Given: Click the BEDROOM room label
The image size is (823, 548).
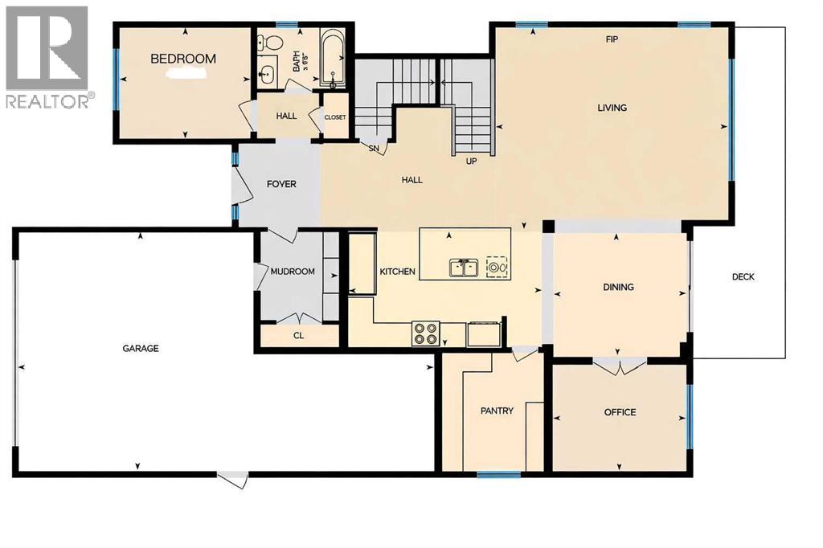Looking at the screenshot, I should [x=183, y=59].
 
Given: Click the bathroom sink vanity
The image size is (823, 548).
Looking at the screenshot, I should [x=267, y=75].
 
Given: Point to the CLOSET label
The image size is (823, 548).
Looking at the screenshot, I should [x=334, y=117].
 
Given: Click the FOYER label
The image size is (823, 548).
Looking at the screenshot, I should [x=281, y=184].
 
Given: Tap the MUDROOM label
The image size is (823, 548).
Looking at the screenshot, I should [x=292, y=272].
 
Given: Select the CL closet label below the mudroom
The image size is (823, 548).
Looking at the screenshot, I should [x=298, y=335].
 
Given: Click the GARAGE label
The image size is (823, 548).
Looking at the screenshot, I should [x=141, y=349].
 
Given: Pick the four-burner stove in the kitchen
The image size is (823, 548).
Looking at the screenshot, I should [x=424, y=333].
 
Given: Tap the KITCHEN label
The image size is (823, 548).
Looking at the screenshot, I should [x=397, y=272].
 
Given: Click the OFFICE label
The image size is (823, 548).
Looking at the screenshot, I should [x=620, y=412].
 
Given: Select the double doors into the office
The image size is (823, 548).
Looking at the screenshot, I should [x=619, y=366].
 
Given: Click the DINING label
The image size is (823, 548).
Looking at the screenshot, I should [x=619, y=287].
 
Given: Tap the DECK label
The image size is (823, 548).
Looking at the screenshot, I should [x=743, y=277].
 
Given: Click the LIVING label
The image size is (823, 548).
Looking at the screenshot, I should [x=612, y=108].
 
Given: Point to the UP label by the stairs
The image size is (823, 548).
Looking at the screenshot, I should [x=473, y=161].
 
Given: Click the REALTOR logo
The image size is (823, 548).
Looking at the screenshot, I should [x=49, y=56].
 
